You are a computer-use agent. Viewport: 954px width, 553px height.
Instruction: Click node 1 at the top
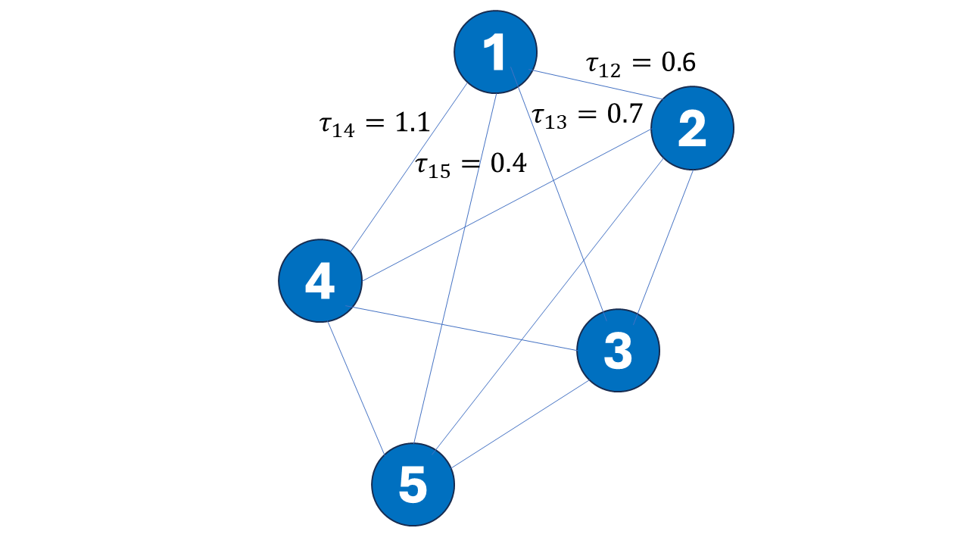tap(495, 52)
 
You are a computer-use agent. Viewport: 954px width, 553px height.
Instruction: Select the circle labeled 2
tap(692, 128)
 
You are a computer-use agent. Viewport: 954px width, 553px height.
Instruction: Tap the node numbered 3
tap(618, 350)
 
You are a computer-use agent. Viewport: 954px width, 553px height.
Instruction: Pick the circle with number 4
tap(320, 281)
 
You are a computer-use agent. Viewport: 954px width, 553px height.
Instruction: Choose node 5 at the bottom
tap(413, 484)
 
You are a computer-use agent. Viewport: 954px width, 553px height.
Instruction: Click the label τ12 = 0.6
tap(641, 64)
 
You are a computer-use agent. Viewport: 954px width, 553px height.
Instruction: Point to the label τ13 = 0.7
tap(588, 116)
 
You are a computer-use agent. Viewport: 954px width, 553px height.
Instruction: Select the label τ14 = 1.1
tap(374, 124)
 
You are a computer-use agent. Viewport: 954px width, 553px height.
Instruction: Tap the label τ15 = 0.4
tap(471, 165)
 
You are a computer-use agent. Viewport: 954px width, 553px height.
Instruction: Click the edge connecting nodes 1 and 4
tap(409, 167)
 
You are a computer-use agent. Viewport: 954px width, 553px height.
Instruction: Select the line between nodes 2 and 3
tap(663, 247)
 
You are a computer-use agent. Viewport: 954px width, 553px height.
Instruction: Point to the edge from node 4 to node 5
tap(356, 387)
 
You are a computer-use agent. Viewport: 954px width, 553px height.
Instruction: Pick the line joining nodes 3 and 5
tap(520, 424)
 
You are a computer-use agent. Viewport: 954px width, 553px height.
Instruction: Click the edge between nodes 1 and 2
tap(595, 84)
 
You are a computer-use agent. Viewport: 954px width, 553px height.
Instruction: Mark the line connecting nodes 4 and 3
tap(461, 328)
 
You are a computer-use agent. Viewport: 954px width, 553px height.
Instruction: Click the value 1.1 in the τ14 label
tap(412, 123)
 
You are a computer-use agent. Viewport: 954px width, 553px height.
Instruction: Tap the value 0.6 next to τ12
tap(679, 63)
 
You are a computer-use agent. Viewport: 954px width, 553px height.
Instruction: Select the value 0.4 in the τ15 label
tap(509, 163)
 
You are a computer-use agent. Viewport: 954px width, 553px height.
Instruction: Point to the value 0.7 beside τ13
tap(625, 114)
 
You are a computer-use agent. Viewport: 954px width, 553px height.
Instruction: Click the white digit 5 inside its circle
tap(413, 484)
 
